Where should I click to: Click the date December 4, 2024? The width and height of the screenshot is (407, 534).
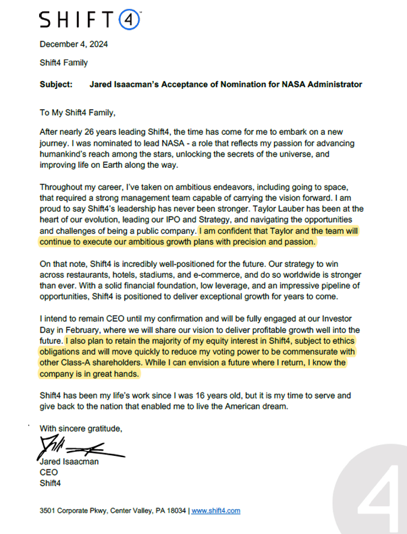click(x=74, y=45)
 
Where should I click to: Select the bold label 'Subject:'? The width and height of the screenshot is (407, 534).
click(x=57, y=85)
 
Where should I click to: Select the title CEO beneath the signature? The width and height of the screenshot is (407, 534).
click(x=49, y=473)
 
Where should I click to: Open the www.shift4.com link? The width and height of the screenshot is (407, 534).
click(x=215, y=511)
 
